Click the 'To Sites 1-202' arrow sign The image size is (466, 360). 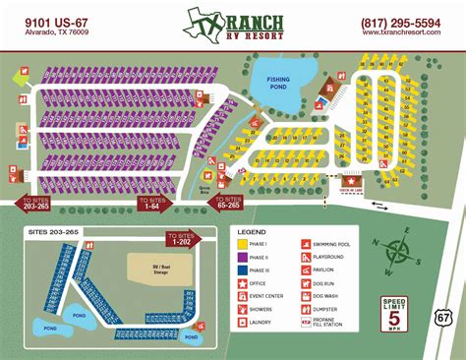point(182,238)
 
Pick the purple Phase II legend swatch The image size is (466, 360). point(242,255)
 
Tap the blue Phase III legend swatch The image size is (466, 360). point(242,269)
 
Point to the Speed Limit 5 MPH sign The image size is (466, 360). point(394,314)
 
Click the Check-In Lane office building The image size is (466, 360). point(352,181)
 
